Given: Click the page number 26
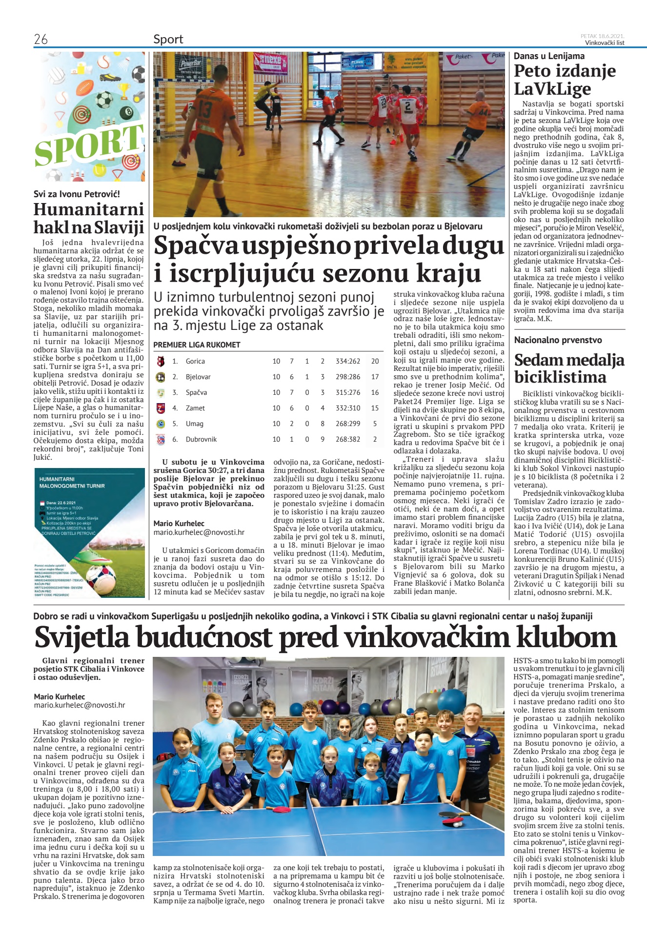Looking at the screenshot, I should (40, 40).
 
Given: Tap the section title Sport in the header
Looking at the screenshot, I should (168, 40).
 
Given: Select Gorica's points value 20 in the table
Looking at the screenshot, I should (375, 361).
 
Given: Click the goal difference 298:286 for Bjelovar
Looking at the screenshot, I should (347, 377).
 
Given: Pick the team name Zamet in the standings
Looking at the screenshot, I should (195, 408).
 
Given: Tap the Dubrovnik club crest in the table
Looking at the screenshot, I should (161, 439).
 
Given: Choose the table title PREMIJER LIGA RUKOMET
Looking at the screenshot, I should (197, 345).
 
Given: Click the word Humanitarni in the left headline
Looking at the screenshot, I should (88, 209).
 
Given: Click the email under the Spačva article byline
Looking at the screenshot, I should (199, 532).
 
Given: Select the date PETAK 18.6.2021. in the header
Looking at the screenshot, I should (602, 36).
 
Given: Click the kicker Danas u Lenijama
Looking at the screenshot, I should (549, 56).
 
